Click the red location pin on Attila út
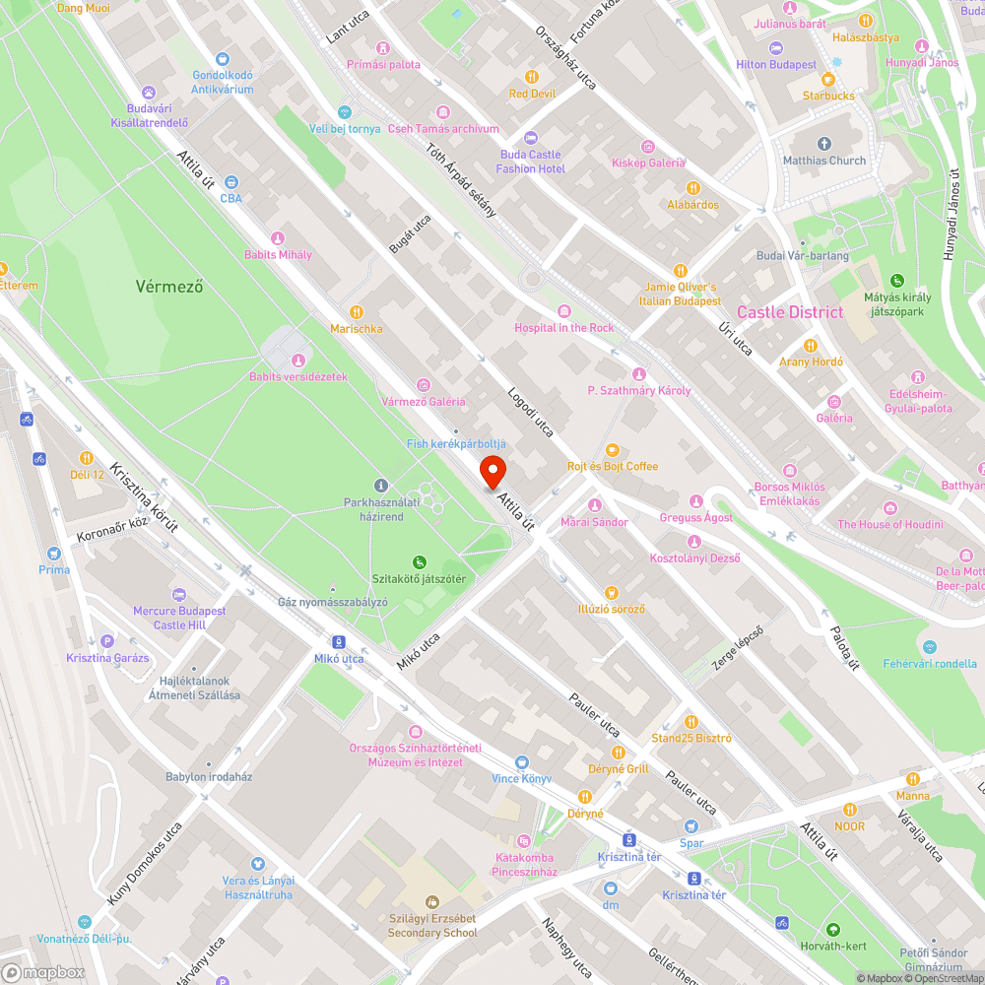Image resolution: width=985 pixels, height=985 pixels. [x=492, y=471]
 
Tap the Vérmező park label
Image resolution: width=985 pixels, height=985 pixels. [x=169, y=287]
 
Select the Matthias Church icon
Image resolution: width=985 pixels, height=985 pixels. [x=823, y=143]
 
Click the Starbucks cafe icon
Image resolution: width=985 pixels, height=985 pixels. [x=827, y=79]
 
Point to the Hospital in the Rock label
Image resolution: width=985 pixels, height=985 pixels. [x=563, y=327]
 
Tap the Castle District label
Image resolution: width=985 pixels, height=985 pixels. [x=790, y=312]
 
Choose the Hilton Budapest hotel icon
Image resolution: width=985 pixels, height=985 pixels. [x=776, y=47]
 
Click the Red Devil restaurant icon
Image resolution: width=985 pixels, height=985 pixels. [x=532, y=77]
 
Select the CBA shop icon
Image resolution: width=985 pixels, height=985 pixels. [x=230, y=181]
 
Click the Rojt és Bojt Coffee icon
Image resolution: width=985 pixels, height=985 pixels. [x=612, y=449]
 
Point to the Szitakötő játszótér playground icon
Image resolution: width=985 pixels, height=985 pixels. [x=419, y=561]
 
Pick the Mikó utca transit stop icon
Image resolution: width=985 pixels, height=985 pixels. [x=339, y=640]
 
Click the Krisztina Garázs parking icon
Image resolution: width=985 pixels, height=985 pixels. [x=108, y=640]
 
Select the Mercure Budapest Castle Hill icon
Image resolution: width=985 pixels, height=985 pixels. [x=179, y=594]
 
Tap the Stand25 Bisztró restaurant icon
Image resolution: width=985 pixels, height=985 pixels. [x=690, y=721]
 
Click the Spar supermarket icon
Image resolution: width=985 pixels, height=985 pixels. [x=691, y=825]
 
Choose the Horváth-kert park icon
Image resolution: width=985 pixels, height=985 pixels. [x=832, y=929]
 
